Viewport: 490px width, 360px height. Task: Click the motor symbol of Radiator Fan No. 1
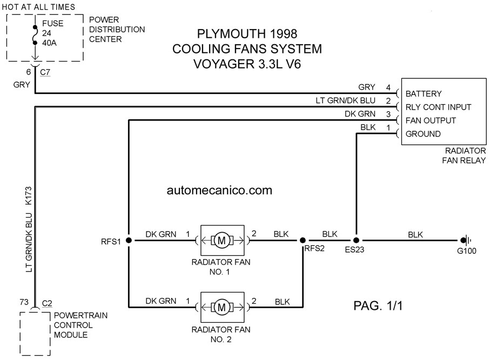(x=221, y=240)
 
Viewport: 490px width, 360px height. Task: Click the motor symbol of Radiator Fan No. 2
(x=221, y=307)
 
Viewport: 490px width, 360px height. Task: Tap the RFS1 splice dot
(x=129, y=240)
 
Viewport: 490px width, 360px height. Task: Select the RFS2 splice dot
(x=303, y=240)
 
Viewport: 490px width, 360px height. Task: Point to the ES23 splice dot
(x=356, y=240)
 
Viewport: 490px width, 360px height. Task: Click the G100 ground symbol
(x=466, y=240)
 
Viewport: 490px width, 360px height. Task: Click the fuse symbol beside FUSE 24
(x=35, y=35)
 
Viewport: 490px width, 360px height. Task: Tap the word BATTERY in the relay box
(x=424, y=94)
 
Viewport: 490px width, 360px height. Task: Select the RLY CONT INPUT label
(x=438, y=107)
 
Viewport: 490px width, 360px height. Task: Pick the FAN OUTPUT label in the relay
(x=431, y=120)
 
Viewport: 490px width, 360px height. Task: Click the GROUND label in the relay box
(x=423, y=134)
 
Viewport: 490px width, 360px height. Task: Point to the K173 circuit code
(x=29, y=196)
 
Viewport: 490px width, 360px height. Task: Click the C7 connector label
(x=45, y=72)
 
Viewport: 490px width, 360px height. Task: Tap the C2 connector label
(x=47, y=303)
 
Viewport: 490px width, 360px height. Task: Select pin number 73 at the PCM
(x=24, y=302)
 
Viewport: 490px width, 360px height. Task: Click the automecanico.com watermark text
(x=219, y=190)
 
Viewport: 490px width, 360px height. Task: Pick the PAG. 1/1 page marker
(x=378, y=305)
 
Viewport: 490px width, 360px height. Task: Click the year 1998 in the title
(x=283, y=33)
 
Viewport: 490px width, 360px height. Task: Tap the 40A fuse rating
(x=49, y=43)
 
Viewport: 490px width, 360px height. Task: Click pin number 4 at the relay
(x=388, y=87)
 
